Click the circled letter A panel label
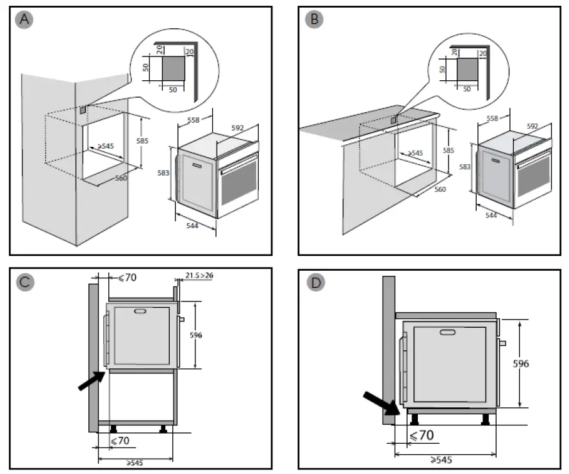click(24, 20)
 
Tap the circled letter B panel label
click(314, 20)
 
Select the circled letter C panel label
click(24, 282)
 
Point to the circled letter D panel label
click(314, 282)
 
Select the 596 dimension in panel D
click(520, 364)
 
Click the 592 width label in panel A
click(238, 128)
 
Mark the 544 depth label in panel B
click(491, 216)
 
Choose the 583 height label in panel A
click(164, 174)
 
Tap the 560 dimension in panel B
click(440, 190)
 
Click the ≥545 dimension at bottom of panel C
click(134, 462)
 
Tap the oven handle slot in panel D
click(448, 333)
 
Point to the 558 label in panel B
click(493, 119)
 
